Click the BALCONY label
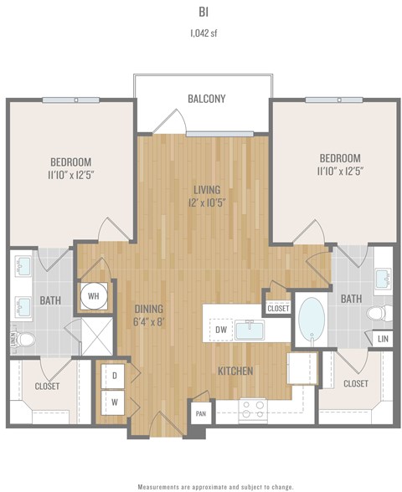(x=206, y=99)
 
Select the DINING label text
(x=148, y=309)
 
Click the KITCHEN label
(x=237, y=371)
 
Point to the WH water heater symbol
(x=94, y=294)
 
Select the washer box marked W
(x=114, y=402)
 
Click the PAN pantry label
(x=200, y=413)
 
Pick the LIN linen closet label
(x=382, y=339)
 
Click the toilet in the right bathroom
(x=378, y=312)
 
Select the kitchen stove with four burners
(x=254, y=407)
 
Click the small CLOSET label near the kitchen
(x=278, y=308)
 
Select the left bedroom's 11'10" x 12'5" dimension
(x=70, y=173)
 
